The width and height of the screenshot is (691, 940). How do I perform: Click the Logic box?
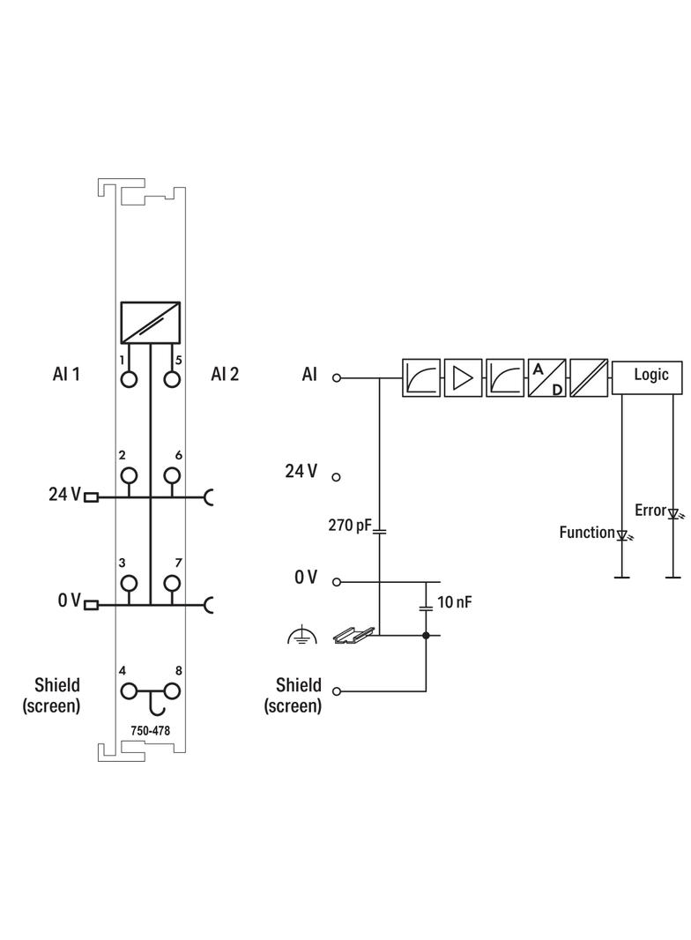click(x=650, y=375)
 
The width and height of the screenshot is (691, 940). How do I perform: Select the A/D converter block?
click(x=546, y=377)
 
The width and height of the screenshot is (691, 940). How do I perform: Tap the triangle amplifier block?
click(x=463, y=377)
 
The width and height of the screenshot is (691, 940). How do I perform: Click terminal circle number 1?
click(x=130, y=379)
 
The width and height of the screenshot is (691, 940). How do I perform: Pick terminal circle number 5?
click(x=172, y=379)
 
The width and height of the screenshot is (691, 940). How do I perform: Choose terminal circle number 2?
click(x=130, y=475)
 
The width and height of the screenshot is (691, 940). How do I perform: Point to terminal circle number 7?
click(x=172, y=583)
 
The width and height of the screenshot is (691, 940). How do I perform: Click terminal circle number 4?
click(x=130, y=691)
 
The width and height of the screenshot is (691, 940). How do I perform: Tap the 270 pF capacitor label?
click(x=350, y=526)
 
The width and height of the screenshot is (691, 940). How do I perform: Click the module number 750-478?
click(x=151, y=730)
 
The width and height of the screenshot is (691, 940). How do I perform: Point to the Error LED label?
click(x=650, y=511)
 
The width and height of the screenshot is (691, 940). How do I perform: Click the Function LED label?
click(x=587, y=533)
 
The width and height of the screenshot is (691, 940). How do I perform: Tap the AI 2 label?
click(x=225, y=375)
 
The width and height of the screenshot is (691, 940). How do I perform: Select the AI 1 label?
click(x=66, y=375)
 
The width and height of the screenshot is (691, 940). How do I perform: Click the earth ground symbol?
click(x=302, y=636)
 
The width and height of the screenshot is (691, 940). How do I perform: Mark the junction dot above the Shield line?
click(x=426, y=635)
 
